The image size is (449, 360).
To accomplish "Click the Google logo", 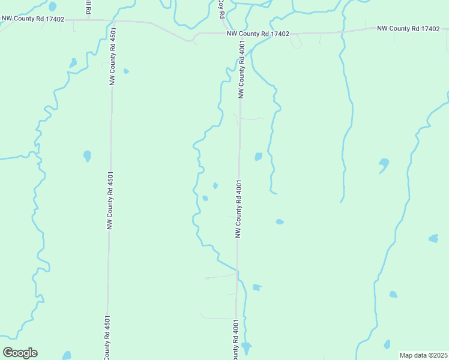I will pyautogui.click(x=20, y=353).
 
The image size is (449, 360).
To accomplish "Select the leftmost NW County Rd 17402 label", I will pyautogui.click(x=32, y=19).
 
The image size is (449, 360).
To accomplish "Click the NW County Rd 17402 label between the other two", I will pyautogui.click(x=258, y=34).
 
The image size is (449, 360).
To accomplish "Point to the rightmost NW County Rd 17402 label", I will pyautogui.click(x=408, y=28).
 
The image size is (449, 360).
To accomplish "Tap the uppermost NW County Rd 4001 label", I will pyautogui.click(x=241, y=70).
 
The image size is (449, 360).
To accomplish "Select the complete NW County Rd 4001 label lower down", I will pyautogui.click(x=238, y=209).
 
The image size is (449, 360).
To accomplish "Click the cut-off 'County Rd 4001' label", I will pyautogui.click(x=236, y=340).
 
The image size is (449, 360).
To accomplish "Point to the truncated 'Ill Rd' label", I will pyautogui.click(x=88, y=7).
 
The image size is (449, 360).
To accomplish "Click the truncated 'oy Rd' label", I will pyautogui.click(x=221, y=5).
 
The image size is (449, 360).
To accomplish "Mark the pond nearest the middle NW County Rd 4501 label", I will pyautogui.click(x=87, y=156).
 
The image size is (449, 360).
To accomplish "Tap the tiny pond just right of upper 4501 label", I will pyautogui.click(x=126, y=71).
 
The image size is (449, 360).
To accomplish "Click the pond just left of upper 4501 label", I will pyautogui.click(x=73, y=62).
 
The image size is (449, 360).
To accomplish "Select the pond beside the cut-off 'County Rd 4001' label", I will pyautogui.click(x=246, y=347).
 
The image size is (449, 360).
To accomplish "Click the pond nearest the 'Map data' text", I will pyautogui.click(x=387, y=344).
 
